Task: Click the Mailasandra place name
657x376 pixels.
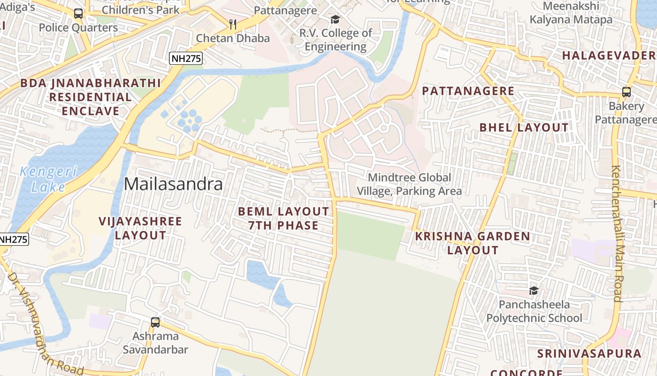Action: [173, 184]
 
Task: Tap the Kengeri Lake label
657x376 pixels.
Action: [48, 179]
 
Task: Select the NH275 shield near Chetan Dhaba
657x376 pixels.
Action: [186, 58]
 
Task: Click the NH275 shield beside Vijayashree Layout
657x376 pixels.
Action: [13, 239]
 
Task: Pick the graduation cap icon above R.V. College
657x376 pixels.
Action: [335, 19]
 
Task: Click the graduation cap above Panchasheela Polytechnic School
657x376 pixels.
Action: [534, 290]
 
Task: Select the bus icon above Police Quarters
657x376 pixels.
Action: [78, 14]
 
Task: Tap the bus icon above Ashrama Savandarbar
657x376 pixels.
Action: [155, 322]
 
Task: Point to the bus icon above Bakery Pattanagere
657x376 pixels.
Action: [626, 92]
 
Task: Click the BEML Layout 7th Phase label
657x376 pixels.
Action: [283, 219]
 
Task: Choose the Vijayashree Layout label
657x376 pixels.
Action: [140, 228]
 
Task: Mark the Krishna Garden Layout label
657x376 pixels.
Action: [473, 243]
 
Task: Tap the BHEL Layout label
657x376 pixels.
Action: [524, 127]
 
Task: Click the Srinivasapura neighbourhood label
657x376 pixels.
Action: [589, 353]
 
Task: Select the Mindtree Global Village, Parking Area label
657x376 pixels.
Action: [409, 184]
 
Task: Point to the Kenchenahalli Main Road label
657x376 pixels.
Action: [617, 233]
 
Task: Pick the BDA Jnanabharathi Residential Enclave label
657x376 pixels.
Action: [90, 97]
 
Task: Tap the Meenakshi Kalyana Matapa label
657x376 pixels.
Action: [571, 13]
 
